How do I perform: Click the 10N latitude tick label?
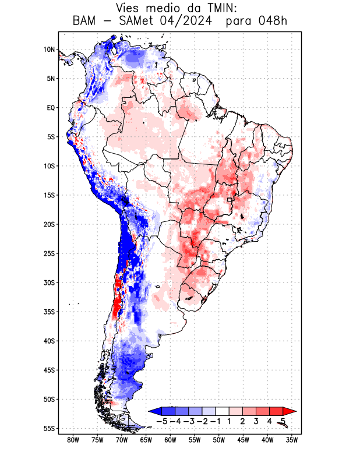tap(49, 50)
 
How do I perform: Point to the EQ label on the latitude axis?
tap(50, 108)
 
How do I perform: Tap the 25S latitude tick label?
tap(49, 253)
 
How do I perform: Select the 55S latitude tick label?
tap(49, 428)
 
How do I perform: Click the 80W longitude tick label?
tap(73, 440)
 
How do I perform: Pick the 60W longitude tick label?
tap(170, 440)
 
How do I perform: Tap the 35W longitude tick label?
tap(292, 440)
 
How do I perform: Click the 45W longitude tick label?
tap(243, 440)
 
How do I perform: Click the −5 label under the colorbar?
tap(161, 421)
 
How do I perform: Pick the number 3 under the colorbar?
tap(256, 421)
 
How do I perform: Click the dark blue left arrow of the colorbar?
tap(154, 411)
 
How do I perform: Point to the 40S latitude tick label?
tap(49, 341)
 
